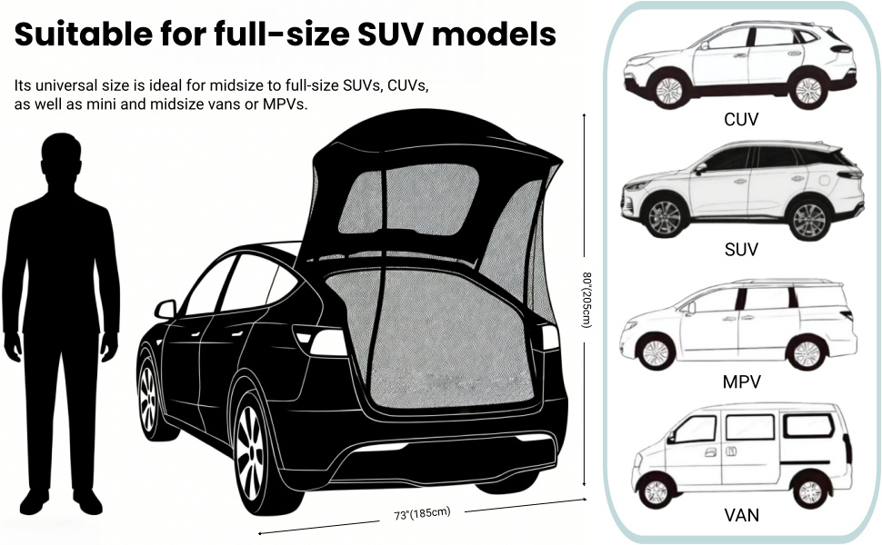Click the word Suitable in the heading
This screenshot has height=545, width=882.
pyautogui.click(x=84, y=34)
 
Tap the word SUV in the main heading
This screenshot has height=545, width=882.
pyautogui.click(x=389, y=34)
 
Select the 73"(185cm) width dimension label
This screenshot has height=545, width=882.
pyautogui.click(x=422, y=513)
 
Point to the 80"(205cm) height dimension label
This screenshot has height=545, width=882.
pyautogui.click(x=586, y=300)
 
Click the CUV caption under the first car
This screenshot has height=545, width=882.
pyautogui.click(x=741, y=119)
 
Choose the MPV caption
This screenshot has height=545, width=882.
pyautogui.click(x=741, y=382)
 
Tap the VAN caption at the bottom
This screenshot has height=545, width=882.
pyautogui.click(x=741, y=515)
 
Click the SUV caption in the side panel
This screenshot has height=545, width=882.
pyautogui.click(x=741, y=249)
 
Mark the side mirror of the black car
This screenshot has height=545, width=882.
pyautogui.click(x=165, y=309)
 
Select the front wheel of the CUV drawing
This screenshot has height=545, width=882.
pyautogui.click(x=668, y=90)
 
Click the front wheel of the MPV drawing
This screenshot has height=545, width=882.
pyautogui.click(x=655, y=352)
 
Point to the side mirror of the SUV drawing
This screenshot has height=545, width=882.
pyautogui.click(x=700, y=169)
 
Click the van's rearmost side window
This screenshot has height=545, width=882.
pyautogui.click(x=808, y=426)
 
